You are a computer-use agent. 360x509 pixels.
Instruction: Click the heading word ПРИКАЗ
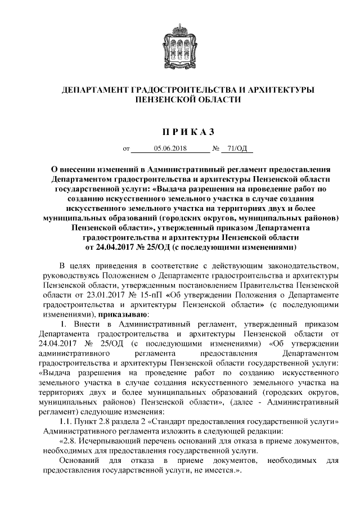click(x=179, y=132)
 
